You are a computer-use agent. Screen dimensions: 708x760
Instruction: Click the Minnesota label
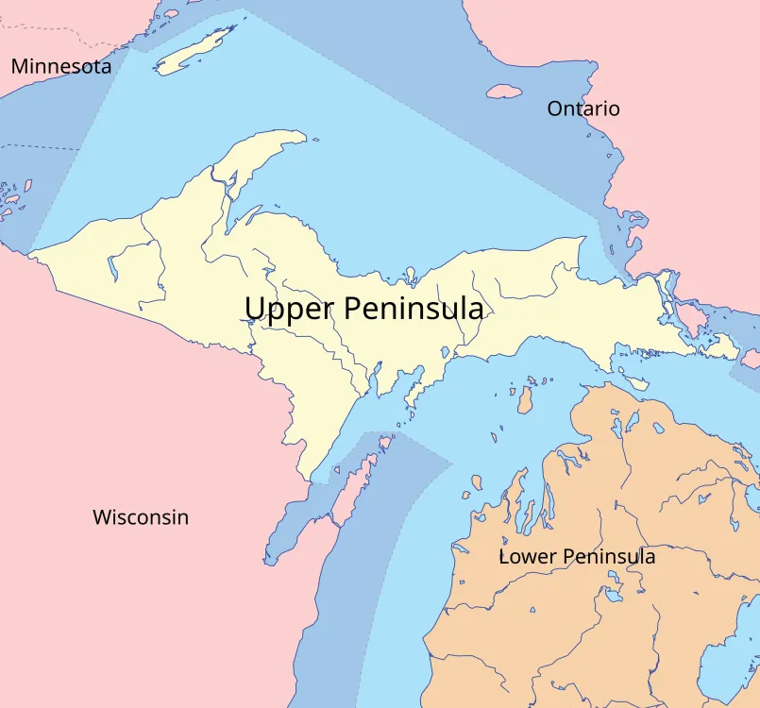coord(60,66)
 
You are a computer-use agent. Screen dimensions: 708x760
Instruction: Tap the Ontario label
coord(583,109)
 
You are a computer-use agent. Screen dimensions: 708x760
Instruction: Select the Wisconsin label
coord(140,517)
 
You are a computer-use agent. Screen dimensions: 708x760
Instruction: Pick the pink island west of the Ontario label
coord(504,93)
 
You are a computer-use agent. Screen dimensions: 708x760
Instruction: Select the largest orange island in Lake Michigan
coord(525,398)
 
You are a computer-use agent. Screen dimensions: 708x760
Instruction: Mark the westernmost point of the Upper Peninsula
coord(30,254)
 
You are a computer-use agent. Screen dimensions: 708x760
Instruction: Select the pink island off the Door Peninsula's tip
coord(384,442)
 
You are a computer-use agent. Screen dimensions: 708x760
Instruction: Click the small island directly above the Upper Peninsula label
coord(410,277)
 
